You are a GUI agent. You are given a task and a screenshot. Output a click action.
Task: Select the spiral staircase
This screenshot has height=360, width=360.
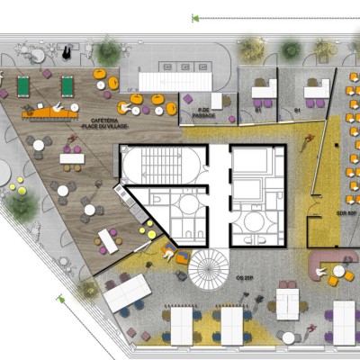point(210,269)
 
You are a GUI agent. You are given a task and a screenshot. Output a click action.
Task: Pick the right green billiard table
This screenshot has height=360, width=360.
point(67,86)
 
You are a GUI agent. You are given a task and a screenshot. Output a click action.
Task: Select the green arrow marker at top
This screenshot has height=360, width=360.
point(194,18)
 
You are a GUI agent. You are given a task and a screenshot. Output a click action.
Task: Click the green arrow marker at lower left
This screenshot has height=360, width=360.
point(61,299)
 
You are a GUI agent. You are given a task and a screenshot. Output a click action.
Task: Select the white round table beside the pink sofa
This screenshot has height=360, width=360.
point(337,271)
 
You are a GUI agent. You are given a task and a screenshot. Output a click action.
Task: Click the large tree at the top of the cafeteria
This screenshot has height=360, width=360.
point(108,52)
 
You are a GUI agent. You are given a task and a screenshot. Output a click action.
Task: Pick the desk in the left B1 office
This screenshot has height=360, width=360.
point(264,91)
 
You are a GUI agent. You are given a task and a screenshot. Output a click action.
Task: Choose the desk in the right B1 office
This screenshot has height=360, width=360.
point(315,89)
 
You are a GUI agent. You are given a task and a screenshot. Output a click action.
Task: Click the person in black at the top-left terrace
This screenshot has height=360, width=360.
point(40,55)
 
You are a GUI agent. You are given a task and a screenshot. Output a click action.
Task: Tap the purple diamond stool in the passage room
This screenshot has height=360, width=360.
point(187,99)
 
